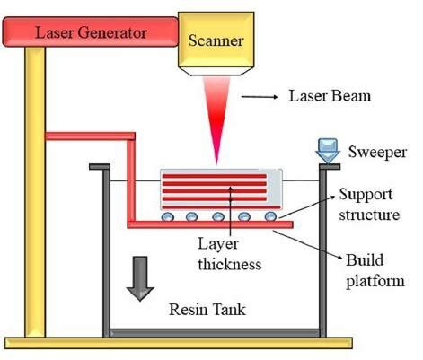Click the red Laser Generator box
pos(90,31)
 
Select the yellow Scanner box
pos(216,43)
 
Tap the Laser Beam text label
pos(330,96)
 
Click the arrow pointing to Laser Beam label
pos(260,97)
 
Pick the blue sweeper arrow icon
pos(328,151)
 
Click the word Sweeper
pos(377,152)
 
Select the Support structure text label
pos(369,205)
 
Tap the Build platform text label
pos(375,271)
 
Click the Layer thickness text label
pos(229,254)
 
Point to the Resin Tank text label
pos(207,310)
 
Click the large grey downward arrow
pos(140,278)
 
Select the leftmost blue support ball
pos(167,216)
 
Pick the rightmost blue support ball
pos(271,216)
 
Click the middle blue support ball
pos(218,216)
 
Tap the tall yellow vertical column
pos(35,191)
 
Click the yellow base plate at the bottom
pos(179,343)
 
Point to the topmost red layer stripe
pos(215,176)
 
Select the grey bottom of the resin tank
pos(215,333)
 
